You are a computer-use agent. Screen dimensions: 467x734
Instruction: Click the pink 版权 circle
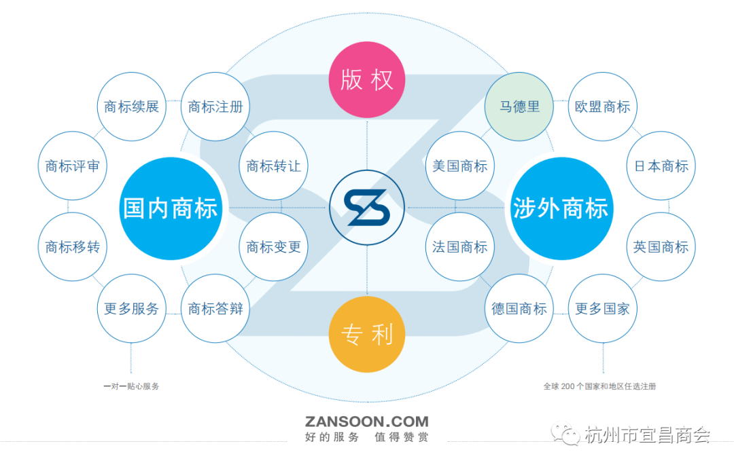coord(367,80)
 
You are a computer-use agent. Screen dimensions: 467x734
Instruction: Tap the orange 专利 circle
coord(367,335)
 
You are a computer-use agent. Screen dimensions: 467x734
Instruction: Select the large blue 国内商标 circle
coord(171,208)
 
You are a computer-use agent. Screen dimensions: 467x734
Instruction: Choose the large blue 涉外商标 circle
coord(561,208)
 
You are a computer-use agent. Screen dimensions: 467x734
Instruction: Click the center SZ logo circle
coord(367,207)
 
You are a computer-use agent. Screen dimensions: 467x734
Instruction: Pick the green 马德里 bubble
coord(520,107)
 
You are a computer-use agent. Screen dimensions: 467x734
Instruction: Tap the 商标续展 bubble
coord(131,107)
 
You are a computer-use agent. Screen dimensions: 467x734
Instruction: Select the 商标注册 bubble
coord(215,107)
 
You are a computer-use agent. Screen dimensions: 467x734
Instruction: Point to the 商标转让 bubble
coord(274,166)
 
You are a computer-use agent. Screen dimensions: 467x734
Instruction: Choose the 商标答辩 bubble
coord(215,309)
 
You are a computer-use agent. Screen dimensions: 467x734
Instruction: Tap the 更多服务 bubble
coord(131,309)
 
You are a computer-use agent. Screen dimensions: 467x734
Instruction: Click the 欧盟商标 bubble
coord(603,107)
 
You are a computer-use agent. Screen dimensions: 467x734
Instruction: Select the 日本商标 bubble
coord(661,166)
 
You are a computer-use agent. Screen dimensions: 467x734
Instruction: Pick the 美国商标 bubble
coord(460,166)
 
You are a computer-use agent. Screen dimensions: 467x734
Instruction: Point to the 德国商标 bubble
coord(520,309)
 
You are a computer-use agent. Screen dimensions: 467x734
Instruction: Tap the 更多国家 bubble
coord(603,309)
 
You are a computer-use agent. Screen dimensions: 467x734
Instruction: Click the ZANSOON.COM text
coord(367,422)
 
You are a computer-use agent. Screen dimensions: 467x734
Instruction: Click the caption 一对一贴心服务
coord(131,386)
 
